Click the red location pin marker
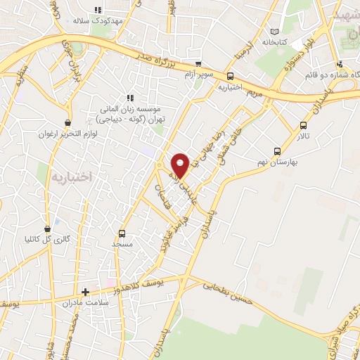pyautogui.click(x=180, y=165)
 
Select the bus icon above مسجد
pyautogui.click(x=122, y=233)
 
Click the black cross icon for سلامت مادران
pyautogui.click(x=85, y=291)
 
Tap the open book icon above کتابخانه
pyautogui.click(x=274, y=32)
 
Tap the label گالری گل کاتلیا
pyautogui.click(x=47, y=239)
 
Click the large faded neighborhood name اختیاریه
pyautogui.click(x=72, y=176)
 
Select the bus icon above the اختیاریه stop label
pyautogui.click(x=230, y=77)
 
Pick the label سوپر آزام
pyautogui.click(x=198, y=73)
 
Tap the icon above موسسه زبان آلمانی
pyautogui.click(x=129, y=98)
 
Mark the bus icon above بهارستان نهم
pyautogui.click(x=278, y=150)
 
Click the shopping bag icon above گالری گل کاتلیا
pyautogui.click(x=47, y=229)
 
